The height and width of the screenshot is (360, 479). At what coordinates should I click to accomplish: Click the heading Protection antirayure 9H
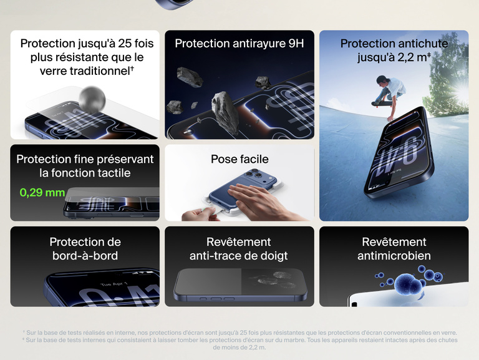pos(239,44)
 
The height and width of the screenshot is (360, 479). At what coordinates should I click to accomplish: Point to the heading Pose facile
pos(239,159)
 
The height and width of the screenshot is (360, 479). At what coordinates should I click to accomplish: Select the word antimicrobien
pos(394,256)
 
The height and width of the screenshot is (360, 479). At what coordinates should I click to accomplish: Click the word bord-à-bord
pos(85,256)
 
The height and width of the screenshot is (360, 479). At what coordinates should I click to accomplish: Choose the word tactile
pos(112,173)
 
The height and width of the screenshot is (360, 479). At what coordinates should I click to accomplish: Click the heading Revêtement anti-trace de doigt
pos(239,249)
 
